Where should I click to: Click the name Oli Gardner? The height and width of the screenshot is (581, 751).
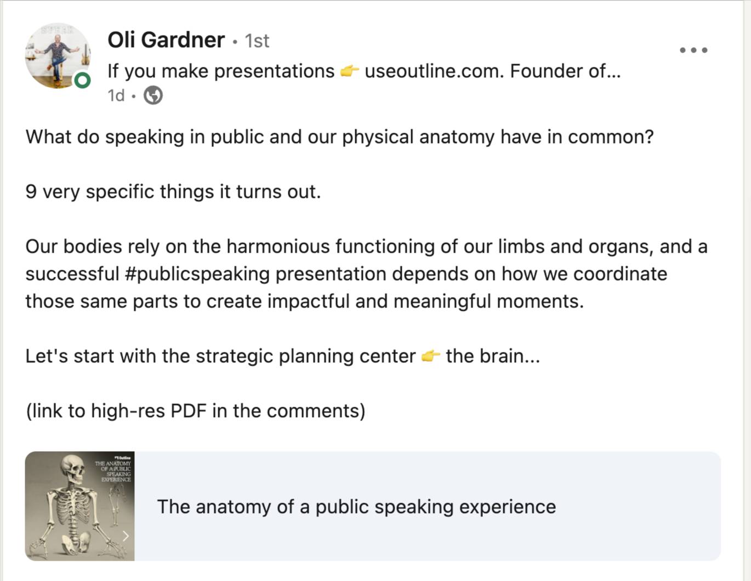point(166,40)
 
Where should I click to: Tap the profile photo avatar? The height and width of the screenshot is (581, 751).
point(58,55)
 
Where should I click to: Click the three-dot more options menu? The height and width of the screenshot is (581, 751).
point(693,50)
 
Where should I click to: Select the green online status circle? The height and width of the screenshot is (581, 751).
point(83,81)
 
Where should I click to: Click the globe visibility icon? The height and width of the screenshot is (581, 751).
point(153,95)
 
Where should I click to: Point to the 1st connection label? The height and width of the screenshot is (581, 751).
point(257,41)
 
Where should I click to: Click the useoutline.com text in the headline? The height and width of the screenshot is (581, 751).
point(432,71)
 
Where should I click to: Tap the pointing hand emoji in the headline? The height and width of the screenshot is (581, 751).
point(350,71)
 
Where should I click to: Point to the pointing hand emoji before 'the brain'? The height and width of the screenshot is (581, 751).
point(431,356)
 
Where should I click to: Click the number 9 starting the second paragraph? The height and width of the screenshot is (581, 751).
point(31,192)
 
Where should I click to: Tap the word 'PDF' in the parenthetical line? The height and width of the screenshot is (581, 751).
point(189,411)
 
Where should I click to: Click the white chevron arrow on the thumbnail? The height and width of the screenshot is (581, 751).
point(126,536)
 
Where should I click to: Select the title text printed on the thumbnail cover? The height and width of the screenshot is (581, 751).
point(113,471)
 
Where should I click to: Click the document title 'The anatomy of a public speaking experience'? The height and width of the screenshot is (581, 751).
point(357,507)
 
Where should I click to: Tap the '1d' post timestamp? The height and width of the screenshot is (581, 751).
point(116,95)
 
